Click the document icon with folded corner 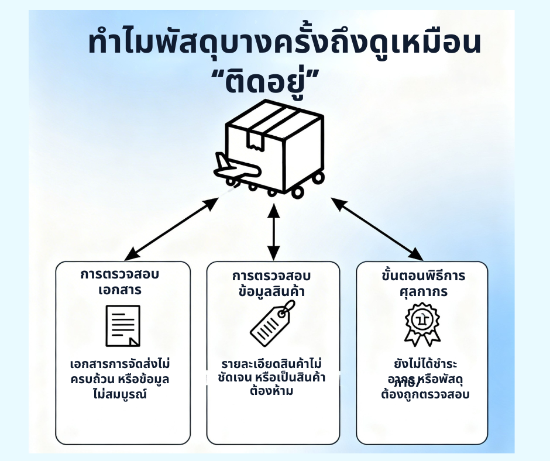click(x=123, y=325)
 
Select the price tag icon click(x=273, y=323)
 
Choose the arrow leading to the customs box click(x=377, y=229)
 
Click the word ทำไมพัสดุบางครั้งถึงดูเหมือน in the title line click(x=285, y=45)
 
